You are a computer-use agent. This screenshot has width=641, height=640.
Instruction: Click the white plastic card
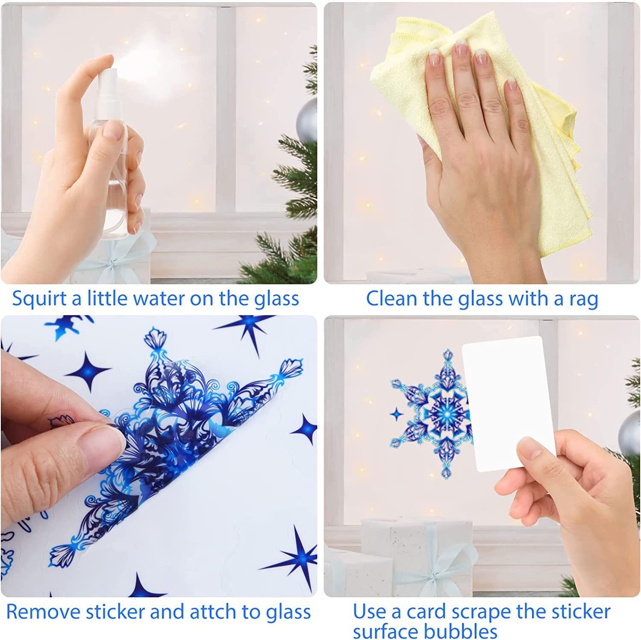click(x=509, y=404)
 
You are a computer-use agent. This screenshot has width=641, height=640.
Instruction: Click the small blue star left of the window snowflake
click(x=396, y=414)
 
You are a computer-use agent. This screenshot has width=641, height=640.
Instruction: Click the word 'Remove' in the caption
click(x=43, y=612)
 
